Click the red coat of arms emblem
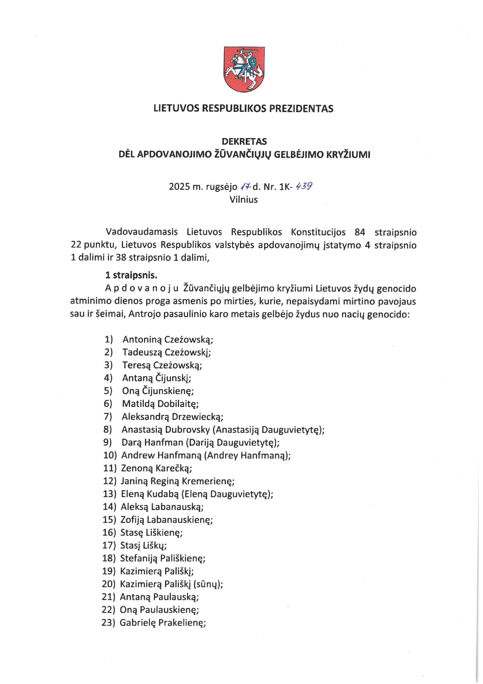(244, 69)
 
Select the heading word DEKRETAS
(244, 141)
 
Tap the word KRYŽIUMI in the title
(348, 154)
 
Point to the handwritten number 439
(304, 186)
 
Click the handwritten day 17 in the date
(245, 186)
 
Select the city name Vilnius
(243, 200)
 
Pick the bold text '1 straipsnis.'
(131, 275)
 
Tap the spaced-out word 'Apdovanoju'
(142, 289)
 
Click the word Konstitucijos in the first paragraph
(318, 232)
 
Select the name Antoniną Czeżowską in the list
(168, 340)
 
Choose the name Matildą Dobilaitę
(160, 404)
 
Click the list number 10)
(110, 455)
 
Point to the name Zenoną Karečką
(157, 468)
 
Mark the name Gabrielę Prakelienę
(163, 623)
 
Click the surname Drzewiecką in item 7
(197, 417)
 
